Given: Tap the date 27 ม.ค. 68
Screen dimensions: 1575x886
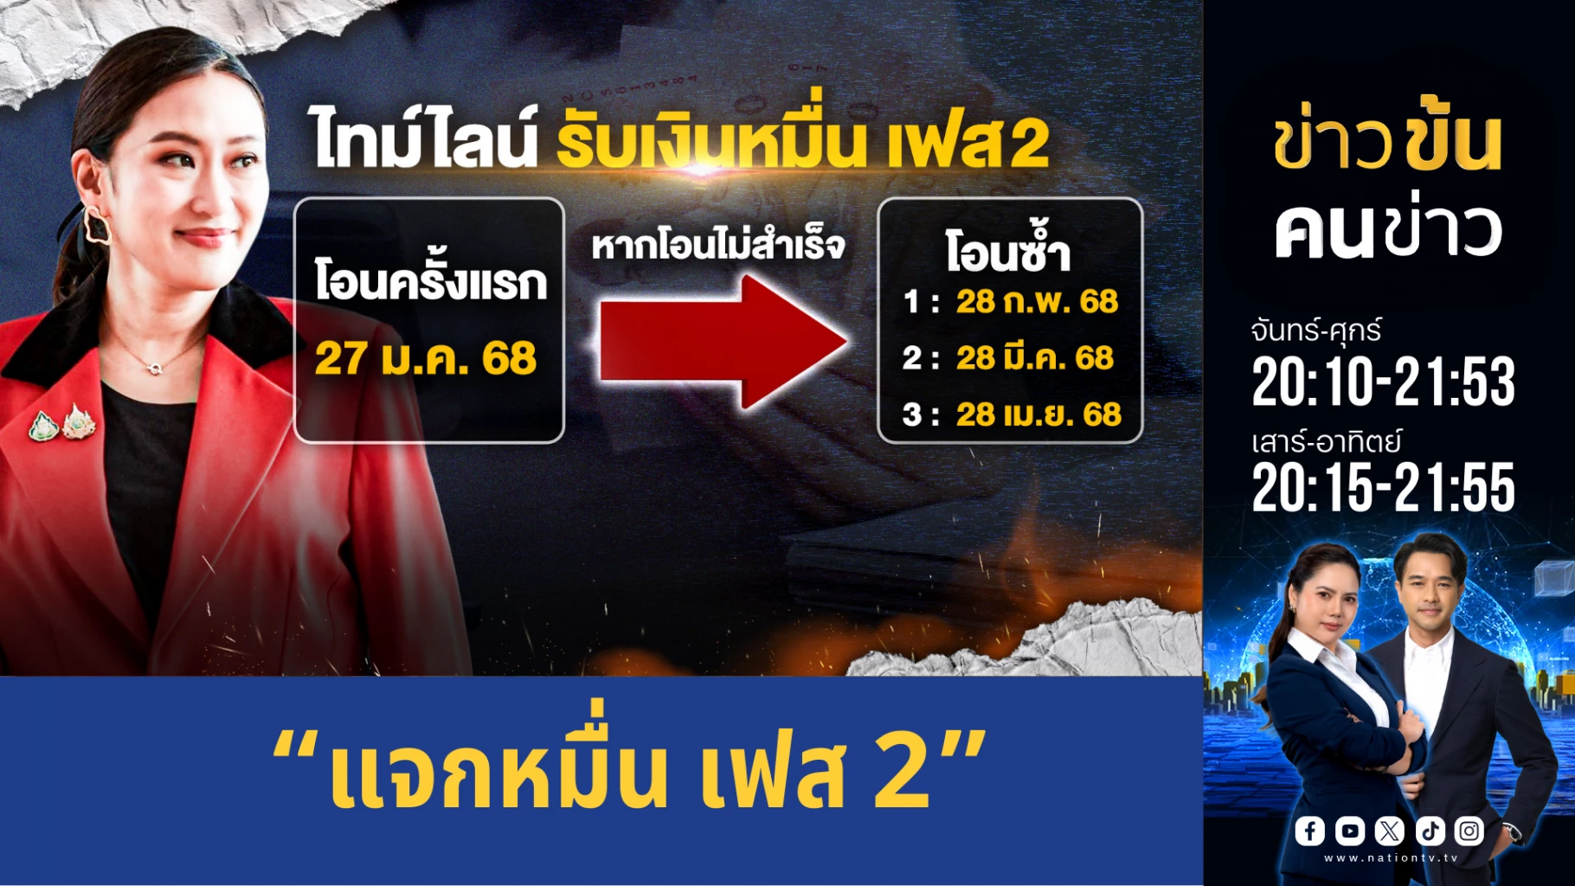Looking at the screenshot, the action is (426, 358).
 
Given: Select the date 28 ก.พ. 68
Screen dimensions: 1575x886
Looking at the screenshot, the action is (1037, 301).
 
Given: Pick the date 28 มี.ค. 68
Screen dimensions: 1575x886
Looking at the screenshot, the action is (1034, 357).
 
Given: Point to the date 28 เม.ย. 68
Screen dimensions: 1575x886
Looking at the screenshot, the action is (1038, 414).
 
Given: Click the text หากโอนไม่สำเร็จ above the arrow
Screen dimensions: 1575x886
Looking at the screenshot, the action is (717, 245).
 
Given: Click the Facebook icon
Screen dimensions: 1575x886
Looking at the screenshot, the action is (1309, 831).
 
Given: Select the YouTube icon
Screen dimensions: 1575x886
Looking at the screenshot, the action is (1349, 831).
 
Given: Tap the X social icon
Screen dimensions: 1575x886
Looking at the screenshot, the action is (1389, 831).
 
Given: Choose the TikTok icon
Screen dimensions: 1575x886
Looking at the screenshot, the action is (1430, 831).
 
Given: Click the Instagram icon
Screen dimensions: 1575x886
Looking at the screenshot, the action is (1469, 831).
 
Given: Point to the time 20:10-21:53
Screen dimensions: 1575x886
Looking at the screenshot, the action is (1383, 382).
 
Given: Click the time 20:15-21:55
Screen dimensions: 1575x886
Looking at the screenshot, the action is (1383, 487).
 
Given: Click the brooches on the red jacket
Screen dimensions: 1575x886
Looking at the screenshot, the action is (61, 423).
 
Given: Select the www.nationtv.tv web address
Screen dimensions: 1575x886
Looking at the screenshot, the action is (1391, 858).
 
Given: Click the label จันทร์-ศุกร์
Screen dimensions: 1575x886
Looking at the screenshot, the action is (1315, 330).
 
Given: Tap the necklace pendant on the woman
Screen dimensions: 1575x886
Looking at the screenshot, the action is (155, 369).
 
